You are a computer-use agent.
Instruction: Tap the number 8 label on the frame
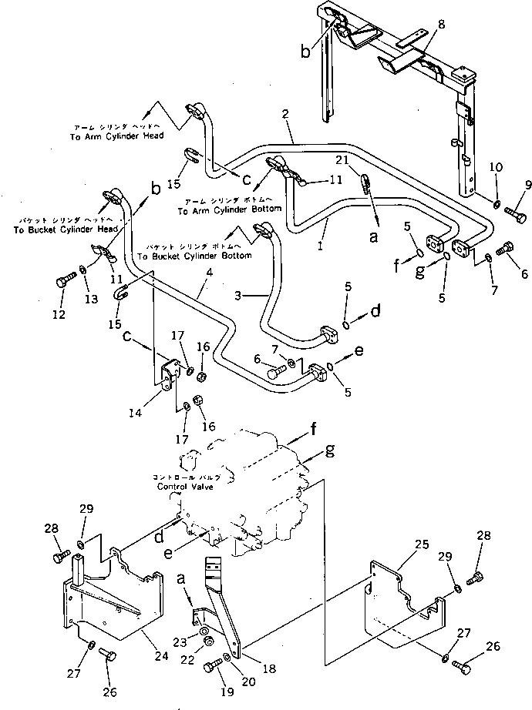(x=441, y=25)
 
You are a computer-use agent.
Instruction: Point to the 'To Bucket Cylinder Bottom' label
(x=192, y=255)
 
